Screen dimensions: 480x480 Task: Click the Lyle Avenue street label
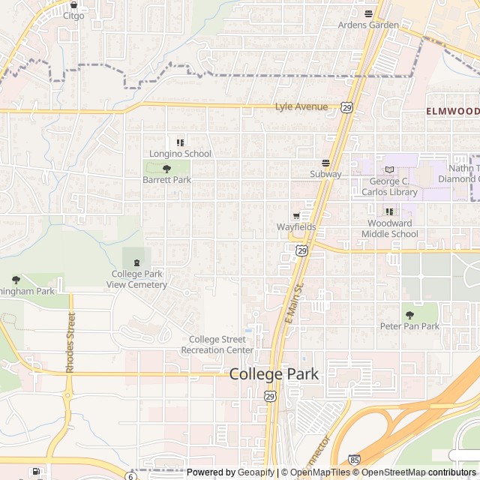(x=301, y=106)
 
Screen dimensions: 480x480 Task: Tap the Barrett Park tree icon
(x=166, y=169)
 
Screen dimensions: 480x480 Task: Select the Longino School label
(x=180, y=154)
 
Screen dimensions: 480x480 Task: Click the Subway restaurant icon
(x=325, y=163)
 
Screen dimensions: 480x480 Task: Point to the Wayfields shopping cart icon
(x=295, y=216)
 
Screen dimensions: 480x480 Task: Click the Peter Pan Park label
(x=409, y=326)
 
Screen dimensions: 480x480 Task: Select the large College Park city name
(x=274, y=373)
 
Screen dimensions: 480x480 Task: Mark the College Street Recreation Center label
(x=217, y=344)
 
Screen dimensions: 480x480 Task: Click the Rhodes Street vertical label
(x=70, y=343)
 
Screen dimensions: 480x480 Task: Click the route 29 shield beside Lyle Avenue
(x=346, y=108)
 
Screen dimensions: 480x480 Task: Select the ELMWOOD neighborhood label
(x=452, y=111)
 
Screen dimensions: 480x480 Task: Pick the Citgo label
(x=73, y=15)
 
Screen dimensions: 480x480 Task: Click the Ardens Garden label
(x=368, y=25)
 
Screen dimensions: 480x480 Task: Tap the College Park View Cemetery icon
(x=136, y=262)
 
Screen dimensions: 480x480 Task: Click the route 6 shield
(x=130, y=475)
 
